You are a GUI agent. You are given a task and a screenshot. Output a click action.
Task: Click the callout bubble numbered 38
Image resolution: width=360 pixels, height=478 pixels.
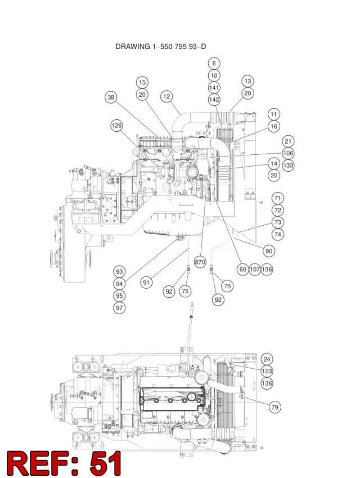coord(111,97)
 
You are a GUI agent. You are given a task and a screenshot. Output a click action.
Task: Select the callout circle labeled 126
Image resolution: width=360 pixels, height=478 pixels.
coord(116,126)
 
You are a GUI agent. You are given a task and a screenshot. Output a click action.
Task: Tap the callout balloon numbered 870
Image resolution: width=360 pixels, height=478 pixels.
coord(200,262)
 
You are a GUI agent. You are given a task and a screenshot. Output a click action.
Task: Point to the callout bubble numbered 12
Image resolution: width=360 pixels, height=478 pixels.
coord(166,97)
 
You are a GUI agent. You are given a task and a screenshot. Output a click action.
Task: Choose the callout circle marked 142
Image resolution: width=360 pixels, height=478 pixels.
coord(214,100)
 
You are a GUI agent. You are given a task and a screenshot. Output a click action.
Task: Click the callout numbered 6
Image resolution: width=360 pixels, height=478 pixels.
coord(214,63)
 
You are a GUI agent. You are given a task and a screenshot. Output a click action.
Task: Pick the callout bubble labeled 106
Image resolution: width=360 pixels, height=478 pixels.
coord(288,153)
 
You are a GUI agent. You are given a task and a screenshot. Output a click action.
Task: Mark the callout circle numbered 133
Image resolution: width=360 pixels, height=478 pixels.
coord(288,166)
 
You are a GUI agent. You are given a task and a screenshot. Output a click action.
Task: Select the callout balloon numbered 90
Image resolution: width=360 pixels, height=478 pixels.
coord(269,251)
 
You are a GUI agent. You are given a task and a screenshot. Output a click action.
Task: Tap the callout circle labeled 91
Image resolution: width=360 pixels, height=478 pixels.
coord(146,283)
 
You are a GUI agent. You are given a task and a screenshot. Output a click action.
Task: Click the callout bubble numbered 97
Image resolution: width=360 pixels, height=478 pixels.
coord(119,308)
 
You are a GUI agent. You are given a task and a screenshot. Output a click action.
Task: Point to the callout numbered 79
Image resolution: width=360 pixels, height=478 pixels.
coord(274,407)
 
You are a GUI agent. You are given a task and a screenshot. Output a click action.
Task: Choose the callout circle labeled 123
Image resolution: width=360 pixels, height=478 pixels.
coord(267,371)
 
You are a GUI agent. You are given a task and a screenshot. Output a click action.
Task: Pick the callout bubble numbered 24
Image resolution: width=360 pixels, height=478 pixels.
coord(267,359)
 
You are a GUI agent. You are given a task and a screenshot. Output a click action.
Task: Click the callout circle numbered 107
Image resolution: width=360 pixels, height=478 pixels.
coord(255,269)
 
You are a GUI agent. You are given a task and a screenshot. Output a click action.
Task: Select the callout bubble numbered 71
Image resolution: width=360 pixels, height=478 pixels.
coord(277,198)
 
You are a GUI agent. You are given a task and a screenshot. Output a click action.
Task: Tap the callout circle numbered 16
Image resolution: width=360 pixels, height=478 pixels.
coord(274,126)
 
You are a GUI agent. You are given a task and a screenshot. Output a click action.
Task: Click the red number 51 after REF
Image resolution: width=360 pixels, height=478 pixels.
coord(105,463)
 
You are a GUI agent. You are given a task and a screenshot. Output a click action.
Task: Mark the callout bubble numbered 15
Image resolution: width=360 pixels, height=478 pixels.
coord(142,82)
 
